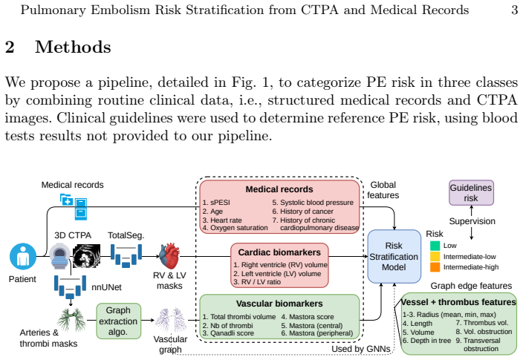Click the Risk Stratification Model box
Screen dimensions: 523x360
tap(394, 256)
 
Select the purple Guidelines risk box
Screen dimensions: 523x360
tap(471, 193)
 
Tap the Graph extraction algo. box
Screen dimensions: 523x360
tap(118, 321)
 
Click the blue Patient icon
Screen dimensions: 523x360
tap(23, 256)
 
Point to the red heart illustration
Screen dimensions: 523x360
tap(170, 256)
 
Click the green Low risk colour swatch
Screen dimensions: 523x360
tap(435, 246)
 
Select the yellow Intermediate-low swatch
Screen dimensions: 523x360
tap(435, 256)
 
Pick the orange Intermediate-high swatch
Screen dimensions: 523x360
tap(435, 267)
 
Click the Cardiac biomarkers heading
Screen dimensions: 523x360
tap(279, 252)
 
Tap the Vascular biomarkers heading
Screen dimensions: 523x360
tap(279, 304)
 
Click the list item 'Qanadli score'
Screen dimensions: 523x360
tap(228, 333)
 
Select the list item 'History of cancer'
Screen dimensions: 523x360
tap(303, 212)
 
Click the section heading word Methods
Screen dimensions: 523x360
tap(73, 47)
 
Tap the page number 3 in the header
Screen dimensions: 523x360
tap(514, 10)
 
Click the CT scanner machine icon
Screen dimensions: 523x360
tap(60, 256)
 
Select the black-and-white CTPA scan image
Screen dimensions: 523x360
tap(86, 256)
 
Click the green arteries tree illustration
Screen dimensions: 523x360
tap(71, 320)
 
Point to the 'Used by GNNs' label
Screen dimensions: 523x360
tap(361, 349)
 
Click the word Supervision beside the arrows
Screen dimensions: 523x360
tap(472, 221)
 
